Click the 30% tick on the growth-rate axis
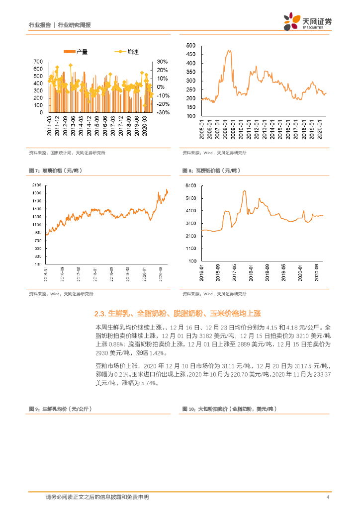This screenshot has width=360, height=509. coord(162,62)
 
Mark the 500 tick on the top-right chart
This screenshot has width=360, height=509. coord(191,46)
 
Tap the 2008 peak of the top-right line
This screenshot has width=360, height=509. coord(229,50)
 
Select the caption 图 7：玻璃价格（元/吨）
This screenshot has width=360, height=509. coord(56,170)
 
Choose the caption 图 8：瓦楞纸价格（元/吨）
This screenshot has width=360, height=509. coord(211,170)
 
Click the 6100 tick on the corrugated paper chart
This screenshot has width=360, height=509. coord(190,185)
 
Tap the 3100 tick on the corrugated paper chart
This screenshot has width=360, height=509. coord(190,223)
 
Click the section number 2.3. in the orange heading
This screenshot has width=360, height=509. coord(100,314)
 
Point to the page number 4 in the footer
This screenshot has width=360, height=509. coord(327,497)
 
